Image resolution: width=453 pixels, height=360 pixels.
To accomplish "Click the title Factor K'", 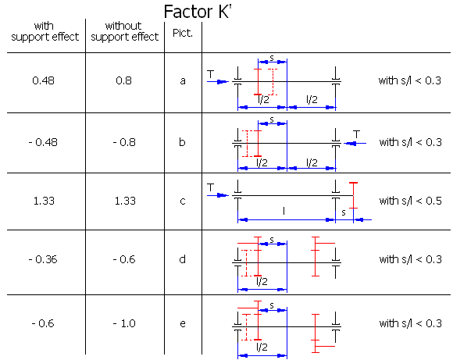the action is [x=198, y=12].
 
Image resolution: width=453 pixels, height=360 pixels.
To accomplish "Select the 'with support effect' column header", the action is [x=45, y=31].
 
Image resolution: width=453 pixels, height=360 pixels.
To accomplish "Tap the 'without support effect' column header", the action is [x=124, y=31].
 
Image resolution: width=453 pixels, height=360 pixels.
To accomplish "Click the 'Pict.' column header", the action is [x=183, y=33].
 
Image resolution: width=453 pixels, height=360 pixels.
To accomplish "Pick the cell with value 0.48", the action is [x=43, y=80].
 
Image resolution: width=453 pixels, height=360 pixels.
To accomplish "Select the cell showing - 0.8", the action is [x=124, y=142].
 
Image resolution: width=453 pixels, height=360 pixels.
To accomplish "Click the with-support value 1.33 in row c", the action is [x=44, y=201].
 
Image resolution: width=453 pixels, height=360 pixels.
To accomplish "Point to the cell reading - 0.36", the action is [x=43, y=259].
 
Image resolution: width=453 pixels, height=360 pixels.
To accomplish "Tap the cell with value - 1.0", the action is [x=124, y=323].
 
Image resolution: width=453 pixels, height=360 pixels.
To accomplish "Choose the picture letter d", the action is [x=182, y=259].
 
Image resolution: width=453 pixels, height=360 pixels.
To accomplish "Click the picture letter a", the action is [x=183, y=81].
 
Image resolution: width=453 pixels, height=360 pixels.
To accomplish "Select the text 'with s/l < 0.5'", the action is [x=411, y=201].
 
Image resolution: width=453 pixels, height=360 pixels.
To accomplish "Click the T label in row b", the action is [x=357, y=134].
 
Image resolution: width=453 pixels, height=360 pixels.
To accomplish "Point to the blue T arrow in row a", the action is [x=218, y=82].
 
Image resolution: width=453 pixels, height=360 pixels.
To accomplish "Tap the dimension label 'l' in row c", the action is [x=284, y=211].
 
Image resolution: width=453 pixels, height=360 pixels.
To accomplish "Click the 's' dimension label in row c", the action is [x=344, y=212].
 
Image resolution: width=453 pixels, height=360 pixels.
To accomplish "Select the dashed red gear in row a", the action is [x=273, y=82].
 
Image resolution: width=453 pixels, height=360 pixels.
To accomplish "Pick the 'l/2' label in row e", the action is [x=262, y=347].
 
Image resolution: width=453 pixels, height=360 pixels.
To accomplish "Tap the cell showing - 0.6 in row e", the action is [x=43, y=323].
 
